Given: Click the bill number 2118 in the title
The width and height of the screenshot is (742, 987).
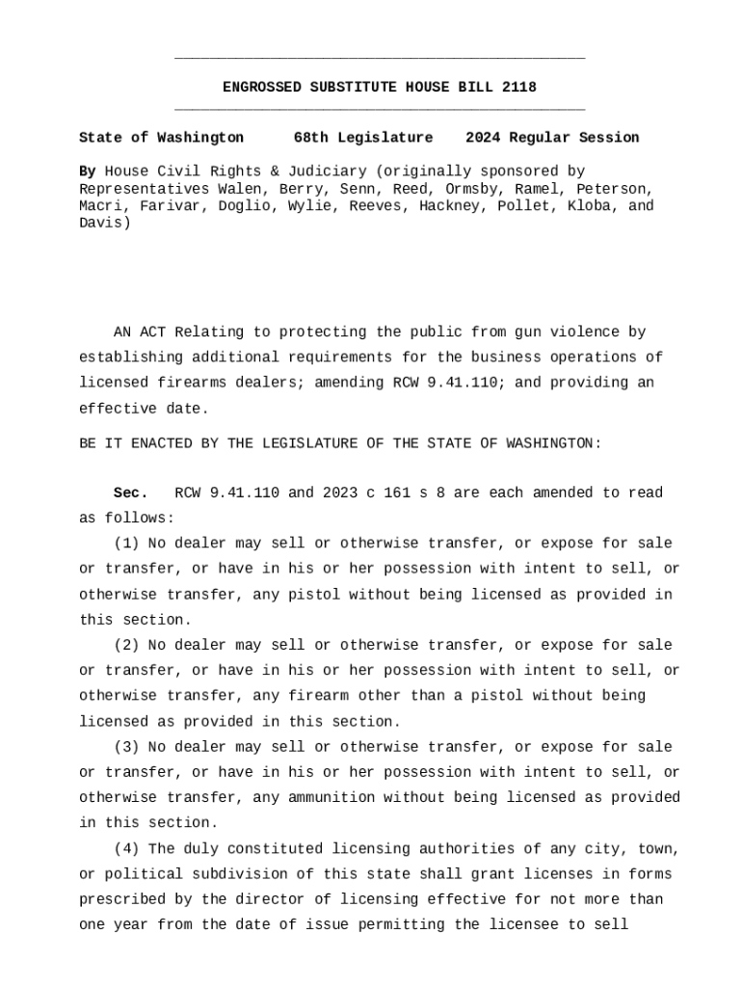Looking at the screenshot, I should click(519, 88).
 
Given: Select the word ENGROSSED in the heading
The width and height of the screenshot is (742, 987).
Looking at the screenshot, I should click(261, 88).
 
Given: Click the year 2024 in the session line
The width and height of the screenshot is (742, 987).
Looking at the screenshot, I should click(483, 138).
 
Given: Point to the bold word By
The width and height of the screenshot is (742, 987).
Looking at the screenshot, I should click(87, 172).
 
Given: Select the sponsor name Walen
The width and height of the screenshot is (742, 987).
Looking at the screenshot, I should click(244, 189).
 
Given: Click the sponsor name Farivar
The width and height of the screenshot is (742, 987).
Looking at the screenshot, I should click(174, 206).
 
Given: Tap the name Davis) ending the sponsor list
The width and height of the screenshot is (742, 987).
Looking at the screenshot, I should click(104, 224).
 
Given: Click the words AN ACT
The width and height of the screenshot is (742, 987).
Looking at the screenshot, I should click(139, 333).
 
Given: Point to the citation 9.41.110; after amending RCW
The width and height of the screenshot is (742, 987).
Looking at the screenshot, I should click(466, 383).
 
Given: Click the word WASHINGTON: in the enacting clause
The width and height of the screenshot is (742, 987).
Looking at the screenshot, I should click(553, 443).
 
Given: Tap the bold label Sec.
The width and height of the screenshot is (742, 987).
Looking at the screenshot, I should click(130, 493).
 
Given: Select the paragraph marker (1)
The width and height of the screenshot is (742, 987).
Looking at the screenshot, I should click(125, 544).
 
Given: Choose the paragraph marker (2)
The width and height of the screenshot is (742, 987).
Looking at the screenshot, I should click(125, 645).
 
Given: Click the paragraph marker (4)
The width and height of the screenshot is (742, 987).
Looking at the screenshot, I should click(125, 849).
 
